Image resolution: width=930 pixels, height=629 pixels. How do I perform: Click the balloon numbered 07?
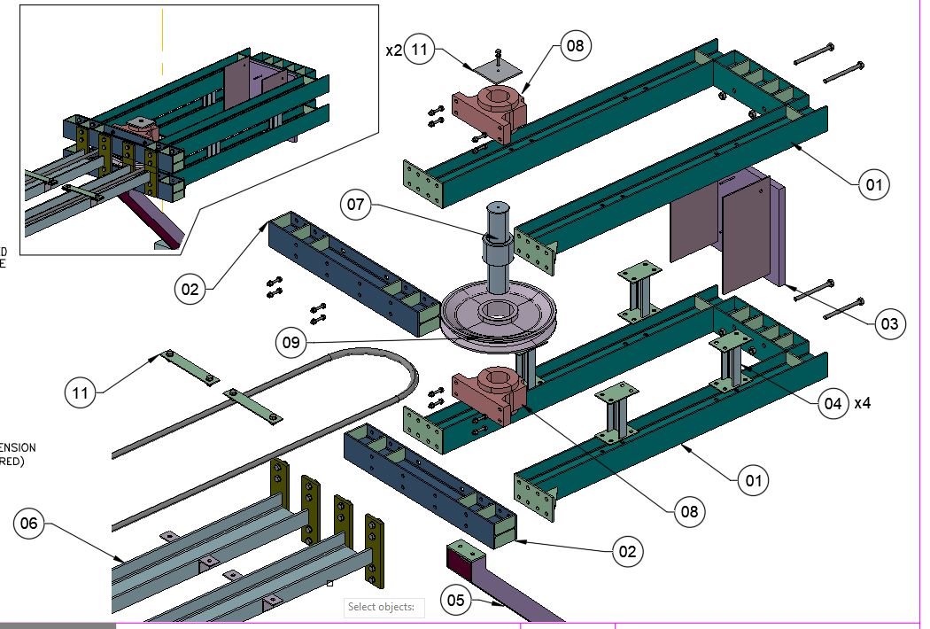(x=356, y=206)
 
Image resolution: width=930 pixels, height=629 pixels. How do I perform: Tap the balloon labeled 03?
(x=890, y=324)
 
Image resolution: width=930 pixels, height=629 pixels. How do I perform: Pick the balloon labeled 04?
(x=832, y=403)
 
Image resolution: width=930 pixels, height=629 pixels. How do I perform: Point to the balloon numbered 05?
(x=455, y=602)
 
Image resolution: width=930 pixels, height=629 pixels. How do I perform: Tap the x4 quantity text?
(x=862, y=403)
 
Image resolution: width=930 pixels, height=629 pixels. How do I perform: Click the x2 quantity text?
(x=394, y=50)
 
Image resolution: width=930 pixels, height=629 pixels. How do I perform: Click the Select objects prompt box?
(x=384, y=607)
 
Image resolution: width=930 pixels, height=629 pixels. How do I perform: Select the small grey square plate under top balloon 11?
(x=497, y=69)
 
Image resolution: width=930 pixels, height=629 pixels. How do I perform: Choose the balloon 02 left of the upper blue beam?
(x=190, y=289)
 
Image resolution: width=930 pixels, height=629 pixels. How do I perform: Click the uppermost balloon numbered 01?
(x=873, y=185)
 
